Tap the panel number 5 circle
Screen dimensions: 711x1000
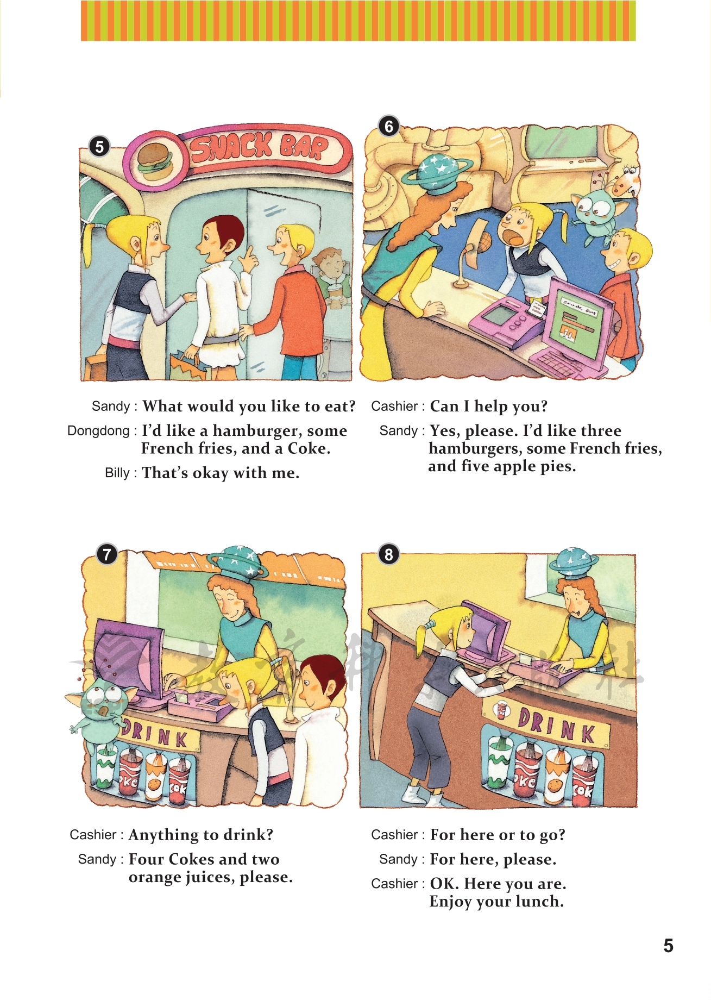coord(99,146)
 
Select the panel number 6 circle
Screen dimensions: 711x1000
coord(389,126)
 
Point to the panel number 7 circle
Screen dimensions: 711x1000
coord(107,554)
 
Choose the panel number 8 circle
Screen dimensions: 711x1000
coord(388,554)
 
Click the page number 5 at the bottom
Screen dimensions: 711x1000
coord(668,946)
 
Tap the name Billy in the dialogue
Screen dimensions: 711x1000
coord(117,473)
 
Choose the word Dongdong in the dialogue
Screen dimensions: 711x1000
coord(98,431)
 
